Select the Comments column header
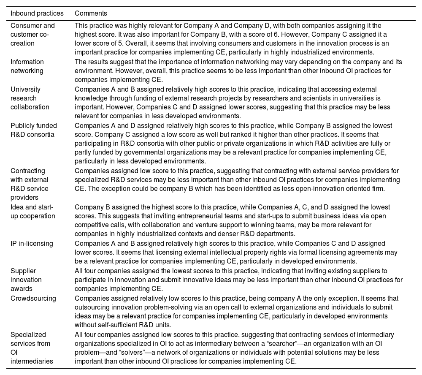coord(91,14)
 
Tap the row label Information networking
coord(27,66)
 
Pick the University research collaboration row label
coord(30,98)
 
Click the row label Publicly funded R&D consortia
coord(34,130)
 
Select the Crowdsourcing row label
coord(33,298)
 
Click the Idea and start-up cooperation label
coord(32,212)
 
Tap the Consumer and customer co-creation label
coord(32,34)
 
